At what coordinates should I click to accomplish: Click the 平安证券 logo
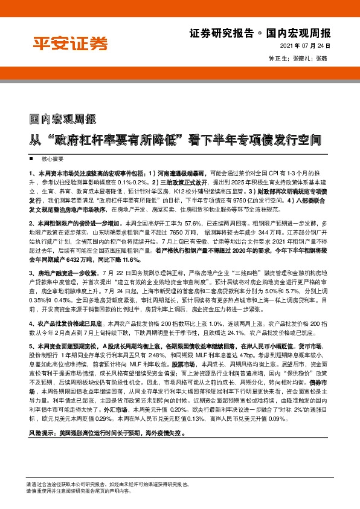[70, 43]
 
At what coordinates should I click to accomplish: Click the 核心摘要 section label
[52, 158]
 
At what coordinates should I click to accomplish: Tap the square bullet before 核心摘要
[32, 158]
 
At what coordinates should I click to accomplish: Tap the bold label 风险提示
[40, 417]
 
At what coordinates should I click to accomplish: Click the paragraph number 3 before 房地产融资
[30, 274]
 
